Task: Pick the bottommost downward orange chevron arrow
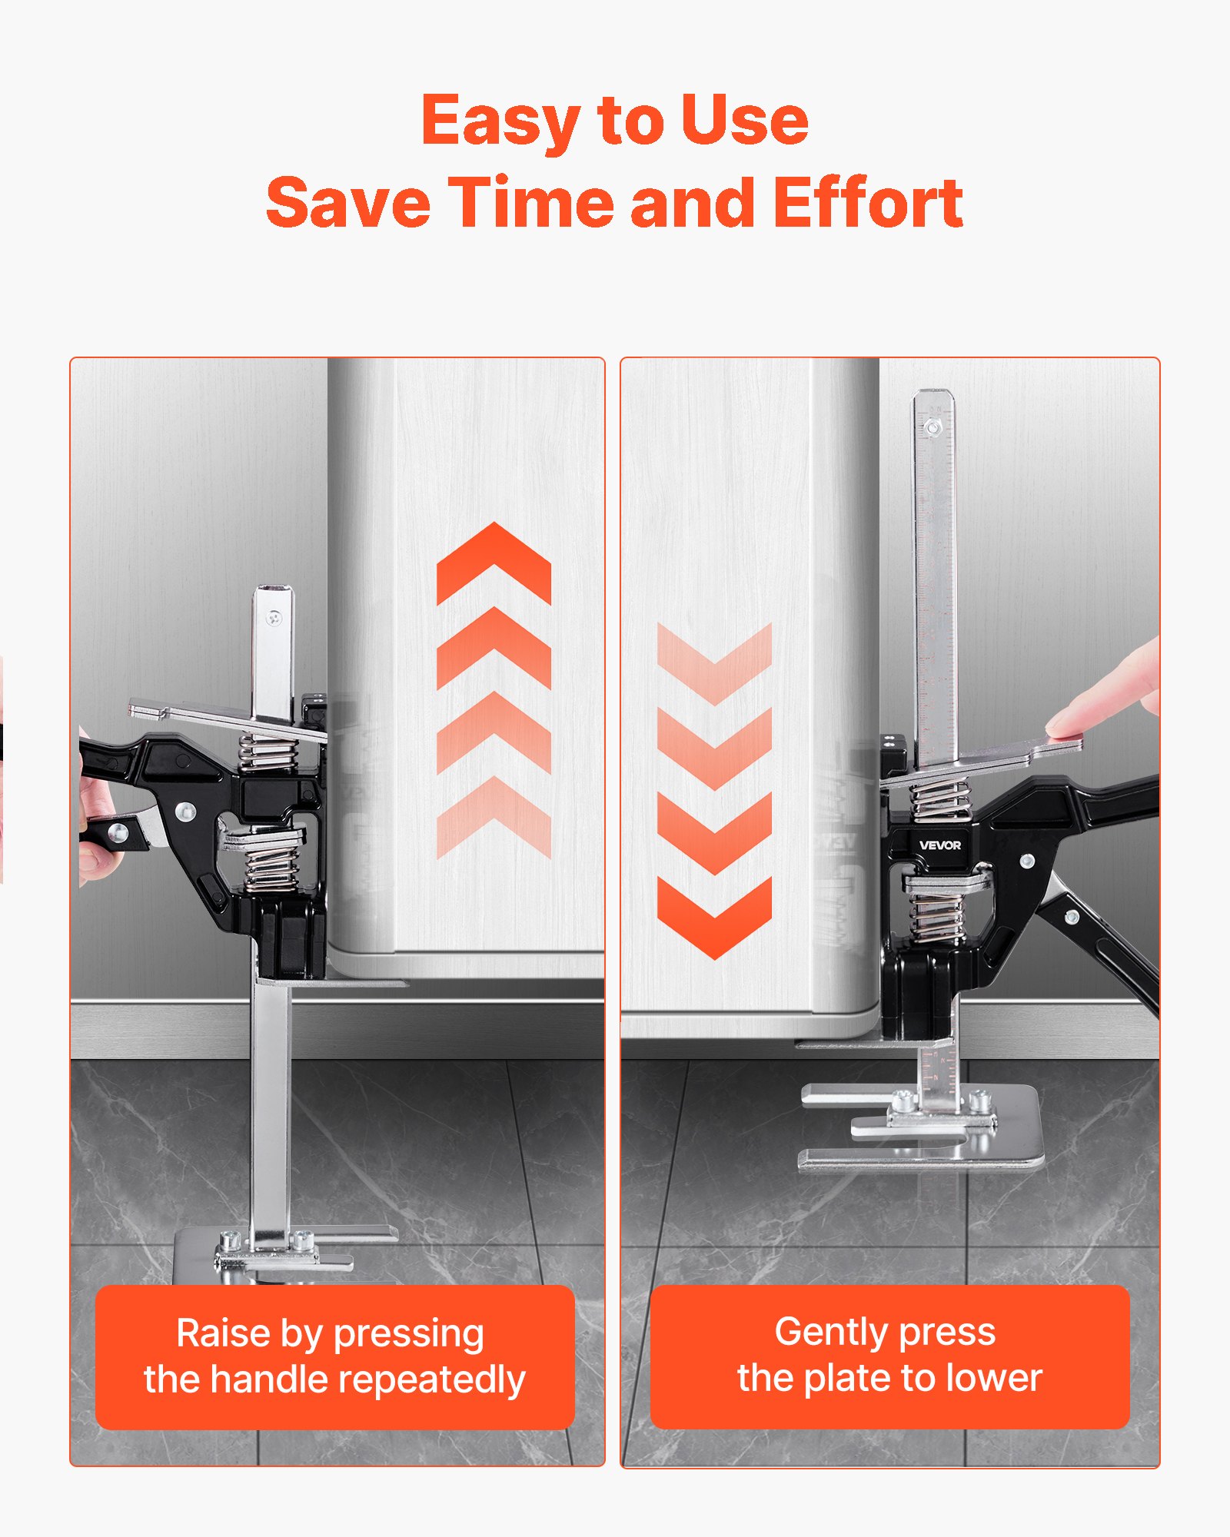click(x=714, y=918)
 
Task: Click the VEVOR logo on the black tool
click(x=939, y=845)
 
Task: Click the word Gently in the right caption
click(x=830, y=1332)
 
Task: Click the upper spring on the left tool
click(x=268, y=753)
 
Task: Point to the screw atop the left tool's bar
click(x=274, y=617)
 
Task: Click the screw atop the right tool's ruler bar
click(x=932, y=427)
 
